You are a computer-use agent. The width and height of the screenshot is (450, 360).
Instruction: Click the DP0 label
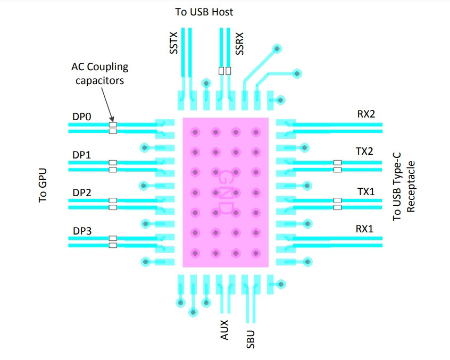(x=82, y=116)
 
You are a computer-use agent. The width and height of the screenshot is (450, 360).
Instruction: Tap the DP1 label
(x=82, y=155)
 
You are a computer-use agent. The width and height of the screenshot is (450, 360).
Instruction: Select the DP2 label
(x=82, y=192)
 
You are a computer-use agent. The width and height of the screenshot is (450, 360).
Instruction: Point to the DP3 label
(x=82, y=231)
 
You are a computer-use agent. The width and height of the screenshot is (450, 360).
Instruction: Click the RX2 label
(x=366, y=114)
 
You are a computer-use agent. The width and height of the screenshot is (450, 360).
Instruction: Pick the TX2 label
(x=364, y=151)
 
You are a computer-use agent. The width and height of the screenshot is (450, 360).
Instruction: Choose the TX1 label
(x=366, y=191)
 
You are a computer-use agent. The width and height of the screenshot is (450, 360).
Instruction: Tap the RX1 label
(x=364, y=229)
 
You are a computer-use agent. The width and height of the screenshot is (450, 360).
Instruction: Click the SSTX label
(x=173, y=43)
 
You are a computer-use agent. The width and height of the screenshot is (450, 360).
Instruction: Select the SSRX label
(x=239, y=43)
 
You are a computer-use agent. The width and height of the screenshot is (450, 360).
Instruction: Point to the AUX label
(x=224, y=330)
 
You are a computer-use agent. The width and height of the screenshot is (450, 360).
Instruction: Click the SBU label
(x=250, y=339)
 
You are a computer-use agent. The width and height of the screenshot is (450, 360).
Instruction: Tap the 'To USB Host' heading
(x=204, y=12)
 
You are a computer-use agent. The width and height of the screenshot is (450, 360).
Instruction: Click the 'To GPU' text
(x=43, y=185)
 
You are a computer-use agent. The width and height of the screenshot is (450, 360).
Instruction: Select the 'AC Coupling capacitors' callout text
(x=99, y=73)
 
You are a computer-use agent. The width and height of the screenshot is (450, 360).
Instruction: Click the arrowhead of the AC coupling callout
(x=112, y=120)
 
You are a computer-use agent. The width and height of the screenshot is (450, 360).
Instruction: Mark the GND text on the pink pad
(x=225, y=192)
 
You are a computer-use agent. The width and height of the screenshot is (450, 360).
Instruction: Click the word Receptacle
(x=411, y=187)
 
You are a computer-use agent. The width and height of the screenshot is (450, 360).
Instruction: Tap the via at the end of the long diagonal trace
(x=277, y=49)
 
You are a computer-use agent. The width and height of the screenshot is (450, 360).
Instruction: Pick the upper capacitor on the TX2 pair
(x=337, y=163)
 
